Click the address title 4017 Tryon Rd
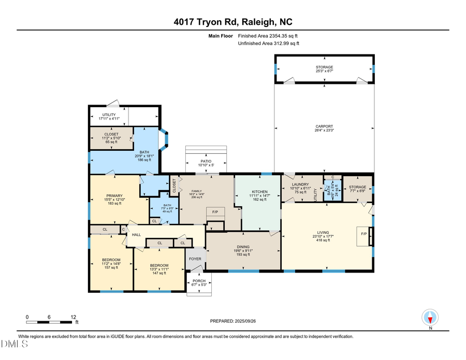tap(232, 22)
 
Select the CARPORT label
tap(324, 126)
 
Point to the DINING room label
tap(243, 247)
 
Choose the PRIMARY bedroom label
tap(114, 195)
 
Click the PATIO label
tap(207, 161)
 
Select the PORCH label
tap(199, 281)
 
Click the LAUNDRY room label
tap(300, 184)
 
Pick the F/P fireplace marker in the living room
tap(363, 234)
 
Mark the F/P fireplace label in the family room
tap(215, 212)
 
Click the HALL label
tap(136, 235)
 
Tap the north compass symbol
tap(430, 317)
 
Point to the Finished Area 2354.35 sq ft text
tap(268, 36)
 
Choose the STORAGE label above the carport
tap(324, 67)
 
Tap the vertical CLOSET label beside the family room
tap(174, 185)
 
